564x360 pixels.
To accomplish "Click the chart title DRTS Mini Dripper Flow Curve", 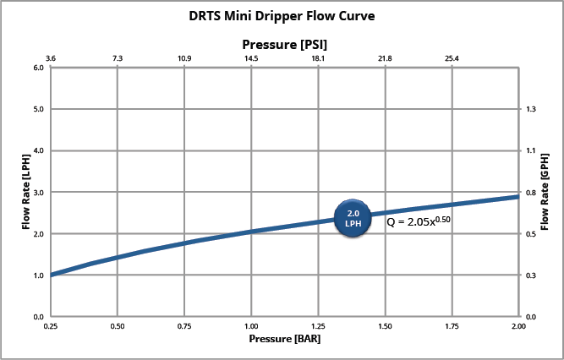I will (x=282, y=15).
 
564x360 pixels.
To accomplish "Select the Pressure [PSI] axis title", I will (x=285, y=42).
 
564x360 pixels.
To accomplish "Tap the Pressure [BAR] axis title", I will (x=284, y=339).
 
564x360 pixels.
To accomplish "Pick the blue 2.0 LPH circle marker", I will (x=353, y=218).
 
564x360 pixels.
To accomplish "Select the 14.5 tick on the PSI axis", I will (x=251, y=58).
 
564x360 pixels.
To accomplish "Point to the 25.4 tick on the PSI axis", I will (x=452, y=58).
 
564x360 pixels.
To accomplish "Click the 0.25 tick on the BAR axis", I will (x=51, y=325).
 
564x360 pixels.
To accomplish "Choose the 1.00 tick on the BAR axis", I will (x=251, y=325).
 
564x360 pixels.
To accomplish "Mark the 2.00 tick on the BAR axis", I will (x=518, y=325).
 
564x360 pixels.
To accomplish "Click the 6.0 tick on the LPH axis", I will (x=38, y=68).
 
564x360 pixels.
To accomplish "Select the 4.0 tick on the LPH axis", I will (x=38, y=150).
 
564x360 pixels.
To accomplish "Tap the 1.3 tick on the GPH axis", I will (x=531, y=109).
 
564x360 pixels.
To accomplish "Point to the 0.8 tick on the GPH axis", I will (x=531, y=192).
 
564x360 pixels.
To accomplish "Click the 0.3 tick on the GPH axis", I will (x=531, y=275).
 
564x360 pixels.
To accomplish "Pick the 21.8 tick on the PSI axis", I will (x=385, y=58).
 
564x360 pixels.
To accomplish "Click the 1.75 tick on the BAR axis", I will (x=452, y=325).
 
